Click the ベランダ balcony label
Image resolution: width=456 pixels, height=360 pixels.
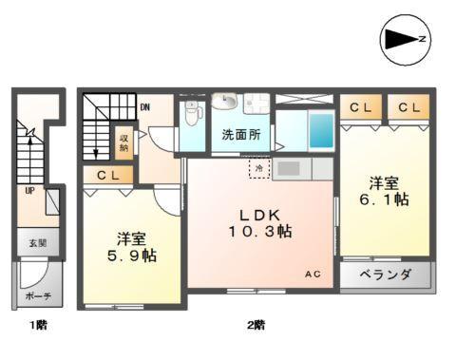[386, 275]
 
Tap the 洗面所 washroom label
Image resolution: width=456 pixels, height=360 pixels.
[241, 134]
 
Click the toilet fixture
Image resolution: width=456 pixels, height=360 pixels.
[194, 118]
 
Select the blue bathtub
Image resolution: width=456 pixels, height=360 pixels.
[319, 129]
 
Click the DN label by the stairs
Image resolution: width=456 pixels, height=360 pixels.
[144, 107]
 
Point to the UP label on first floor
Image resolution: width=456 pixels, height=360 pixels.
[30, 190]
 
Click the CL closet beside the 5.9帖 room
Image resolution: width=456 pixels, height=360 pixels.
[107, 175]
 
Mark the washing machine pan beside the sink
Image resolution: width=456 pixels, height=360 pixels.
[254, 104]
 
